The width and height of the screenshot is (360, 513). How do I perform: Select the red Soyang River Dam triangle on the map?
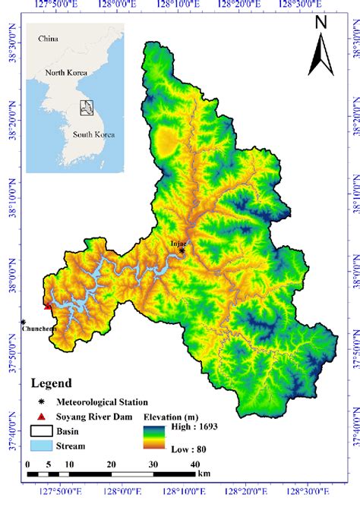pyautogui.click(x=49, y=307)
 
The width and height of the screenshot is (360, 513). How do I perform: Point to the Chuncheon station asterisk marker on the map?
pyautogui.click(x=24, y=322)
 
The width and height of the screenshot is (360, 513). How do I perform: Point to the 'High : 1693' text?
pyautogui.click(x=190, y=426)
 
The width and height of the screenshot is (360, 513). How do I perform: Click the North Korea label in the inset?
pyautogui.click(x=67, y=74)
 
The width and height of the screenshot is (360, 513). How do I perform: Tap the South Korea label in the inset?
pyautogui.click(x=93, y=134)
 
